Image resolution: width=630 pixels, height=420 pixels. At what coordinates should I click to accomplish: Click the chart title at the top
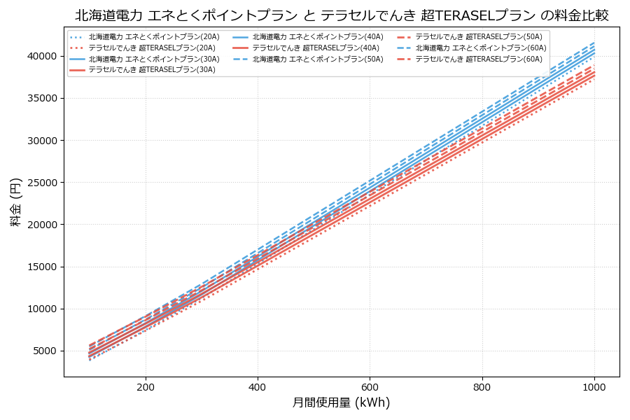342,15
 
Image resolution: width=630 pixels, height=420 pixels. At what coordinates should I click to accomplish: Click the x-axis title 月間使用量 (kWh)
342,402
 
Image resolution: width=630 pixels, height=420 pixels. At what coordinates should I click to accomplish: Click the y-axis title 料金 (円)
15,202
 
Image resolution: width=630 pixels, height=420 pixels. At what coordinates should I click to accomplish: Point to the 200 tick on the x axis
146,386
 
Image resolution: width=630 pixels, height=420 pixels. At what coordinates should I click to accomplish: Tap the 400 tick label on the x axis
258,386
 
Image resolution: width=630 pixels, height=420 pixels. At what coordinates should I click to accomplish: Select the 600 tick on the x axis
370,386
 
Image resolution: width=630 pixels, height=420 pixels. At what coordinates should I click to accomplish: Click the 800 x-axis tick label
482,386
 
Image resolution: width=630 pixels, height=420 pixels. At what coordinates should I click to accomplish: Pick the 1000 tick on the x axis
594,386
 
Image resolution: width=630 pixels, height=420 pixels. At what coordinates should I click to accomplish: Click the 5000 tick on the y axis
45,351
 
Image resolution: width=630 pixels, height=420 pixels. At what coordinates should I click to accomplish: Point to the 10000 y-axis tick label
42,309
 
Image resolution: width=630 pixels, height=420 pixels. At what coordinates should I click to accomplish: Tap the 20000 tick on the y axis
42,225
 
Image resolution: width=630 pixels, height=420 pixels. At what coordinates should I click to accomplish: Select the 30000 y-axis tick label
42,140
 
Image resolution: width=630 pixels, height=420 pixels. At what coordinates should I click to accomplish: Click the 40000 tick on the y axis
42,56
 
